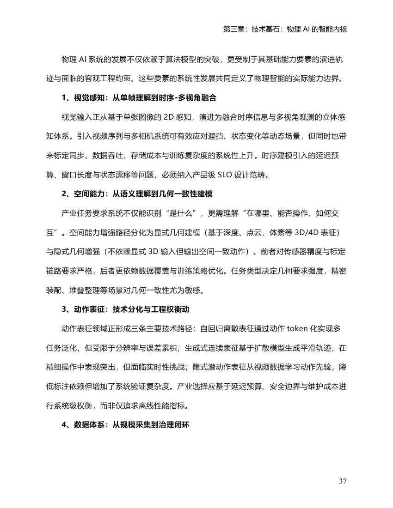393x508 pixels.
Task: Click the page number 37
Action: (x=343, y=482)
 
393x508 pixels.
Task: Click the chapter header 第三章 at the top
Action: (x=234, y=29)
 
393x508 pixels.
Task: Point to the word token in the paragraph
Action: (x=301, y=329)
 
